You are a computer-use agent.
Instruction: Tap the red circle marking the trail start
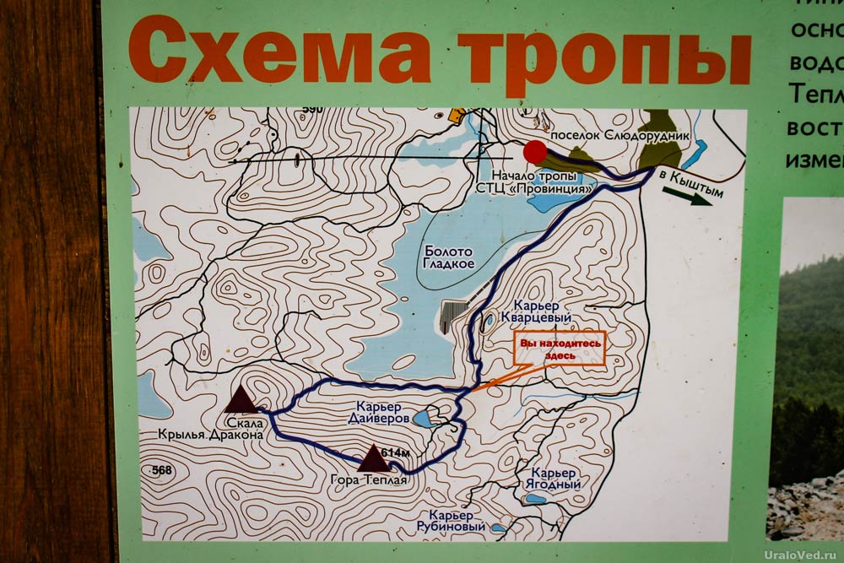click(534, 152)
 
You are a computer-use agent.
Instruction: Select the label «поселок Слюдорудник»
click(619, 135)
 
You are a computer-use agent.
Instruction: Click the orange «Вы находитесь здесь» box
click(560, 349)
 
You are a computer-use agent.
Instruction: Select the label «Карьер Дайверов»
click(379, 412)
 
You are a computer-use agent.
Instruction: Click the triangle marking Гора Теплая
click(372, 458)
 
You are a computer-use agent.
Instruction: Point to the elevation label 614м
click(396, 453)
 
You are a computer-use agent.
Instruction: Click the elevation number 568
click(162, 469)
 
